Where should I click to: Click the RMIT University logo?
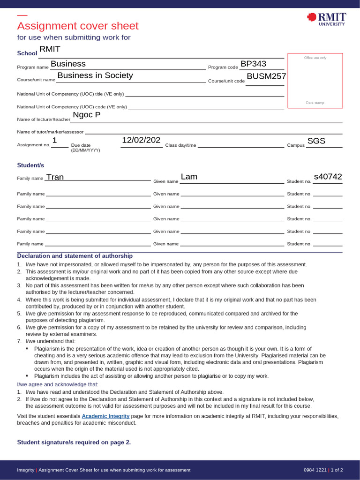pos(326,19)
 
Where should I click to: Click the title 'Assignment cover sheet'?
pos(78,26)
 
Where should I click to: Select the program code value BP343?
pos(253,64)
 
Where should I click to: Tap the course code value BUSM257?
pos(266,76)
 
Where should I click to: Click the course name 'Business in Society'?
pos(95,75)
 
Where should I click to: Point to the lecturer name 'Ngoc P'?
pos(87,115)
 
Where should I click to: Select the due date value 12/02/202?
pos(141,140)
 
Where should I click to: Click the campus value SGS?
pos(316,141)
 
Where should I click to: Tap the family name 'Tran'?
pos(55,177)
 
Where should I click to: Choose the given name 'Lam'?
pos(189,177)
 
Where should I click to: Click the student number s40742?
pos(328,177)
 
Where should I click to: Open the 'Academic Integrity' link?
pos(105,416)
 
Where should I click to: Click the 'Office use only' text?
pos(315,58)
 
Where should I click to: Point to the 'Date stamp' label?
pos(315,103)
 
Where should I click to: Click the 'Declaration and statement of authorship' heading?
pos(75,256)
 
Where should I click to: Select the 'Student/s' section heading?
pos(30,165)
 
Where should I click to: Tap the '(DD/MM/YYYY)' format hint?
pos(85,150)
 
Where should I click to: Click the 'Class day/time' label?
pos(180,145)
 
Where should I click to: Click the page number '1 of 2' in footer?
pos(337,470)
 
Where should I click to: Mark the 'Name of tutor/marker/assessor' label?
pos(50,132)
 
